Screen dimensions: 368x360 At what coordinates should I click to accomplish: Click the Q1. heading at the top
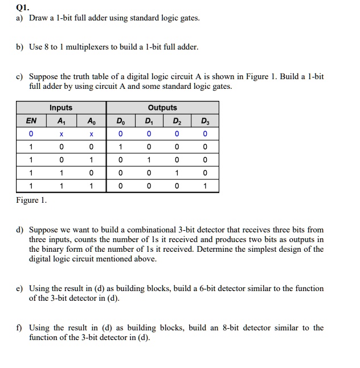click(23, 7)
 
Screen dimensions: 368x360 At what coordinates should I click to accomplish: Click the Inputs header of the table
click(61, 108)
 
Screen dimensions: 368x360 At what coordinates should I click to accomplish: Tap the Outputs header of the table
click(162, 108)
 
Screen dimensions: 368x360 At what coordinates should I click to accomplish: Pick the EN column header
click(31, 121)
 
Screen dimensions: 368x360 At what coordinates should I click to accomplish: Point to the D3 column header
click(204, 121)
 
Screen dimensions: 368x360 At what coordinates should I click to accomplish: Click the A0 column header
click(90, 121)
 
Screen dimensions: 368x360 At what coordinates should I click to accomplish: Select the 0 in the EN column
click(31, 134)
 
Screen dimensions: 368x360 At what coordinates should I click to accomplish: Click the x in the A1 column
click(61, 134)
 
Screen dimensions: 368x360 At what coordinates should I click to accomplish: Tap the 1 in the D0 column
click(120, 146)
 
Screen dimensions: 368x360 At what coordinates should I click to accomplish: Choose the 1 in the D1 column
click(148, 160)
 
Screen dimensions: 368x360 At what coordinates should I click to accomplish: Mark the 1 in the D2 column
click(177, 173)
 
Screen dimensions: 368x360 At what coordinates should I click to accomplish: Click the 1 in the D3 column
click(204, 186)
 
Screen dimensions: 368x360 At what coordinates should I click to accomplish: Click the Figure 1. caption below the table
click(33, 200)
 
